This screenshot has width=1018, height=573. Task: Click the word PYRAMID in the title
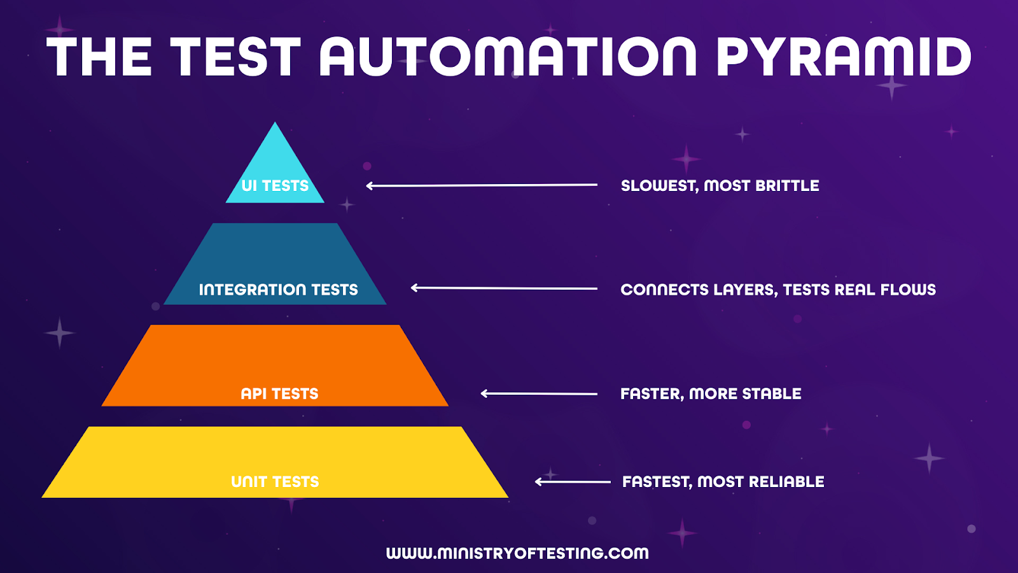844,57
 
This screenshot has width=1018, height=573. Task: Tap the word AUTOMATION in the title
508,57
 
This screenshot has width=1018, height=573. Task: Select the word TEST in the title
235,57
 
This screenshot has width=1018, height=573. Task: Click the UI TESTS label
275,185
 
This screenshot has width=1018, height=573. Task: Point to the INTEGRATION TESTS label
279,290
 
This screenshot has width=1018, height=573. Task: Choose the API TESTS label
279,393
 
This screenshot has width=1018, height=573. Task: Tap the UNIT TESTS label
275,481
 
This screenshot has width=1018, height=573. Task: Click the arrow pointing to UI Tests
482,185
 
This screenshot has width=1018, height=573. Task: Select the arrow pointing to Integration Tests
504,288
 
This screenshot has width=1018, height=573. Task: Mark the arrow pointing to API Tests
539,393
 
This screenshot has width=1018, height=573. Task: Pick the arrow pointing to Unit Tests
573,481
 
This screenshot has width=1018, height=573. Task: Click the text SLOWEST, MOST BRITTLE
720,185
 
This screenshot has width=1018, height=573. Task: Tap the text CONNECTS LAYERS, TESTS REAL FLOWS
778,290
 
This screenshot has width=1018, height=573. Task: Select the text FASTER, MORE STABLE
711,393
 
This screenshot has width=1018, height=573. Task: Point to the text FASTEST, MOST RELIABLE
723,481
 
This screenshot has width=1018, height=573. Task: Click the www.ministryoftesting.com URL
517,553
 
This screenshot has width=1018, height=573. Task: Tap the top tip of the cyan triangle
274,122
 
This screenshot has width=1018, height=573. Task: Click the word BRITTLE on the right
787,185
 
